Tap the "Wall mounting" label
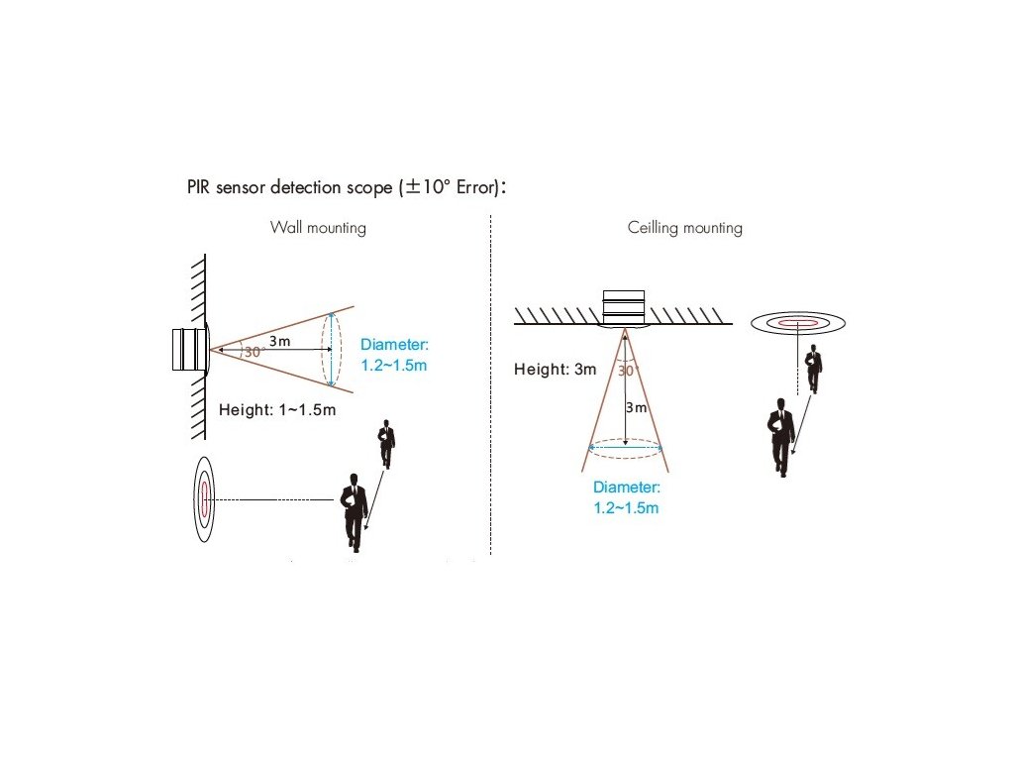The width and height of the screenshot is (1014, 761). point(318,228)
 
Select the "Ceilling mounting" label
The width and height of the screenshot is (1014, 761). point(684,228)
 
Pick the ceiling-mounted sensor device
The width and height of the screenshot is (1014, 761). point(623,308)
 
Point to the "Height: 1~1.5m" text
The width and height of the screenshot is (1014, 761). point(277,409)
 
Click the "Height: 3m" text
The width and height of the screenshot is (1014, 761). point(555,370)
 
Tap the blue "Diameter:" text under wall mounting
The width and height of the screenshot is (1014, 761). point(394,345)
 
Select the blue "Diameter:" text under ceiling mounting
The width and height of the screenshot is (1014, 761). point(626,488)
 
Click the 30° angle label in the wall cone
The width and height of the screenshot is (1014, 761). point(253,352)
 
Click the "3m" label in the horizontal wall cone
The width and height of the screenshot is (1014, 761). point(279,341)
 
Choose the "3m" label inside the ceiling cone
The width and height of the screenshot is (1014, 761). point(636,408)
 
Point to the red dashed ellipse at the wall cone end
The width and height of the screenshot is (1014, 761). point(331,349)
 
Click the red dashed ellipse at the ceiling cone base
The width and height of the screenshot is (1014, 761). point(626,447)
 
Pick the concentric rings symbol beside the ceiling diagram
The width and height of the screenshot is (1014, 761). point(797,322)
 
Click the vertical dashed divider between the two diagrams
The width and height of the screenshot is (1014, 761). point(491,386)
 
